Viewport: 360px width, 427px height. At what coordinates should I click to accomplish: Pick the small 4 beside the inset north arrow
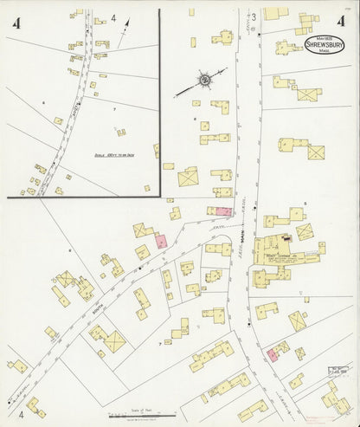coord(114,17)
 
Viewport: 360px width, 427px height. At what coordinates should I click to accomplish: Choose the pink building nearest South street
coord(161,243)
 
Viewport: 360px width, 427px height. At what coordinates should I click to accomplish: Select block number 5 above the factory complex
coord(305,202)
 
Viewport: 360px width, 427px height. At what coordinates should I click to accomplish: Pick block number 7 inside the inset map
coord(113,110)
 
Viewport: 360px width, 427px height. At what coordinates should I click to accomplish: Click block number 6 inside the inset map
coord(43,101)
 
